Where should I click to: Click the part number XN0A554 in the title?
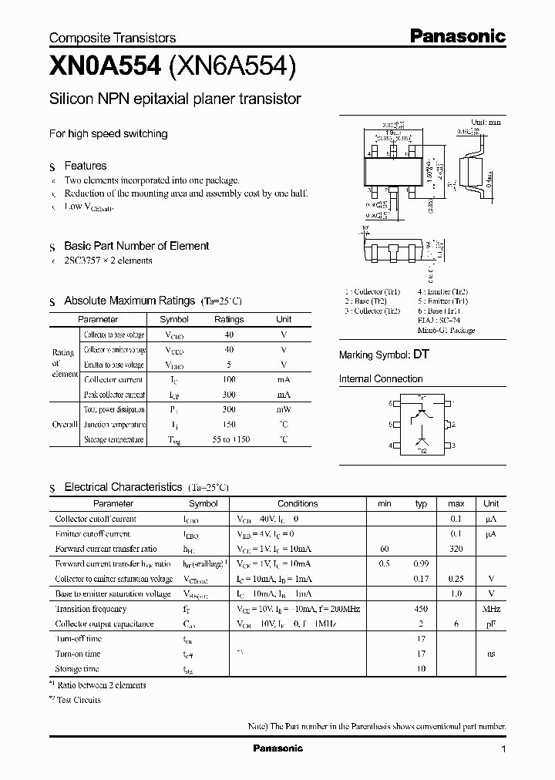pos(105,67)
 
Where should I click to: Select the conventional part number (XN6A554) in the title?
pos(232,67)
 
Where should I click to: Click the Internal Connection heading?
pos(381,379)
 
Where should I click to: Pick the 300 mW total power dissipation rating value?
pos(229,409)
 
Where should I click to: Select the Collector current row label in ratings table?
pos(113,379)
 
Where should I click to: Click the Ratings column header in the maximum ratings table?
pos(229,319)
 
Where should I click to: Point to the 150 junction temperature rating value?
pos(229,425)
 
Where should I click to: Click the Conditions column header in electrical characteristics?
pos(298,503)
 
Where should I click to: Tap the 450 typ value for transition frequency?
pos(421,609)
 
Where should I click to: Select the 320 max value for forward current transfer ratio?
pos(456,549)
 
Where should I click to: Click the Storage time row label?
pos(78,669)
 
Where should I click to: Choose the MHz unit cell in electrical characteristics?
pos(490,609)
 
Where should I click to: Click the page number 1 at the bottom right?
pos(503,749)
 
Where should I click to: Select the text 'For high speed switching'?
pos(109,133)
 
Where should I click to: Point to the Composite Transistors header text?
pos(113,38)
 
